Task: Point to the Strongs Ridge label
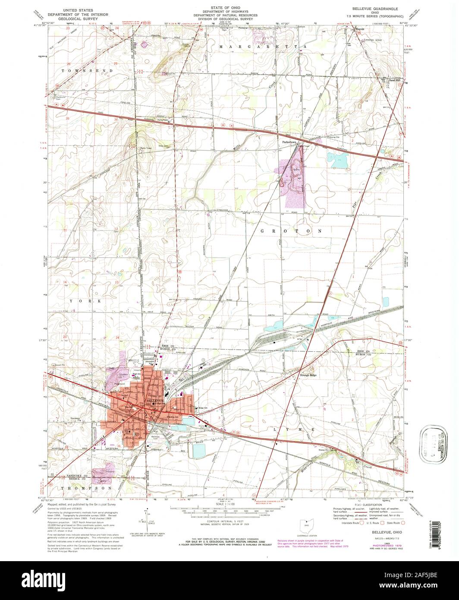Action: point(308,375)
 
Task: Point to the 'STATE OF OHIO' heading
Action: point(229,8)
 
